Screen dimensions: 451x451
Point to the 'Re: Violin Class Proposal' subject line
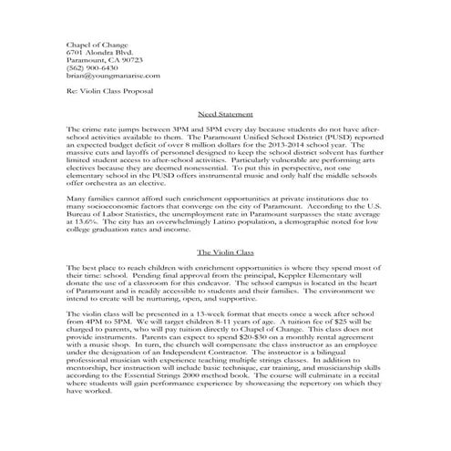(x=108, y=92)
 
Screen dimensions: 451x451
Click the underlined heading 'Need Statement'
(x=224, y=116)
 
